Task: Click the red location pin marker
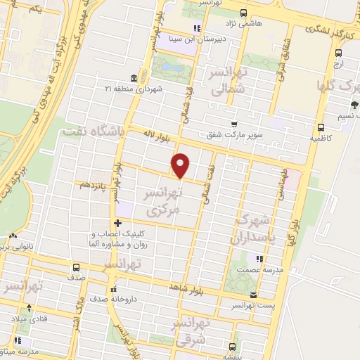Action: click(181, 165)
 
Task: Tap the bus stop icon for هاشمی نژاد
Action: click(243, 13)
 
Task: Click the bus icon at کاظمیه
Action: click(321, 128)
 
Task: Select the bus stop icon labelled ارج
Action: click(339, 53)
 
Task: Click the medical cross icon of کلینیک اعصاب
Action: click(117, 224)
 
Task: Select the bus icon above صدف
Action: click(77, 267)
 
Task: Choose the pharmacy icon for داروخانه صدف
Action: click(111, 288)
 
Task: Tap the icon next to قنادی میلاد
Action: click(28, 307)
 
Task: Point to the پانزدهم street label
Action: click(91, 185)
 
